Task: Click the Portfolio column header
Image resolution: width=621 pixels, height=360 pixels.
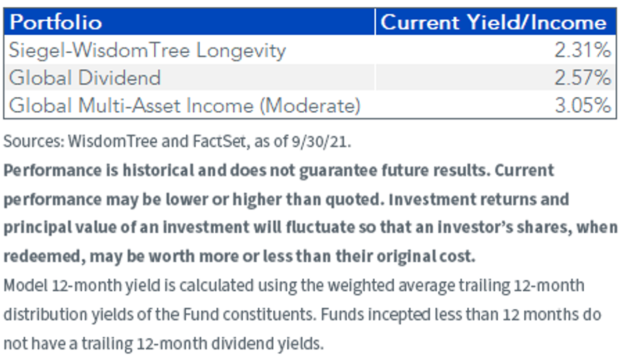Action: pos(56,22)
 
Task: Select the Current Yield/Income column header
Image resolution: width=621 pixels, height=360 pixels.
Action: pos(494,22)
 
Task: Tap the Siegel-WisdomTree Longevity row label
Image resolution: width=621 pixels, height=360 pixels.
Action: pos(147,51)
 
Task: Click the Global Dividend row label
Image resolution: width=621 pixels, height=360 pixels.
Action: pos(85,77)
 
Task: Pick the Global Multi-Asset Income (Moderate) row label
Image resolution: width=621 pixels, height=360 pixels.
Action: pos(185,106)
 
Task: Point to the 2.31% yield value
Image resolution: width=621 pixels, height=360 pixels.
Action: pos(583,50)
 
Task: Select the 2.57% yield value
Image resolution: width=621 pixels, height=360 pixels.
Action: pos(583,77)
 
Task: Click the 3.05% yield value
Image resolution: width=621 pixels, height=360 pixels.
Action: pos(583,106)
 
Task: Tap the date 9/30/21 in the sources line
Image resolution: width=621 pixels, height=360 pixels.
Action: pos(319,142)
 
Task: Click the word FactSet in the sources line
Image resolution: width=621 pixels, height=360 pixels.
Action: pos(219,141)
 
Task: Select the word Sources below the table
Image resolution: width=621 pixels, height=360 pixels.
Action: pos(34,141)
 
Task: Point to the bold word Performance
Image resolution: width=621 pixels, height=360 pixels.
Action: pos(53,170)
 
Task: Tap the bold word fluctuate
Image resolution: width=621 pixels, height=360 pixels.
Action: pos(320,227)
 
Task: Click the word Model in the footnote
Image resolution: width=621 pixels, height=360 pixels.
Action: pos(25,286)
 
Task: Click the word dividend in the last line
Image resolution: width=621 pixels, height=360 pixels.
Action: pos(242,343)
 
